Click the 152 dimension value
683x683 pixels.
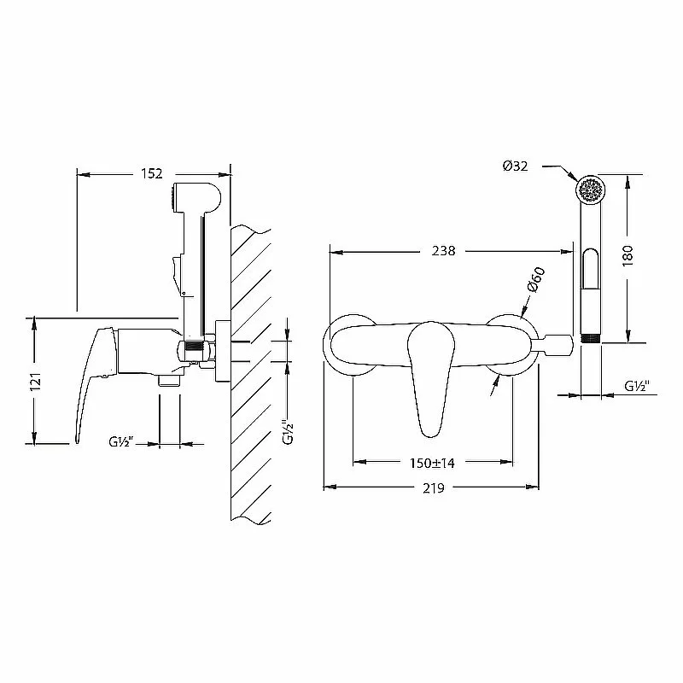pos(152,174)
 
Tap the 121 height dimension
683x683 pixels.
pos(36,381)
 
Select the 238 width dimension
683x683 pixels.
pos(443,251)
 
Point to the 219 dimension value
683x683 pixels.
pos(434,488)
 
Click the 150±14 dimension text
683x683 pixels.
pos(432,463)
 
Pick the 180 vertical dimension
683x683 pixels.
pos(628,256)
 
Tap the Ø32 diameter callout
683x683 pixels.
pos(516,166)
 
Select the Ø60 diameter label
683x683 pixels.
pos(536,280)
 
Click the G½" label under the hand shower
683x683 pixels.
pos(637,386)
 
